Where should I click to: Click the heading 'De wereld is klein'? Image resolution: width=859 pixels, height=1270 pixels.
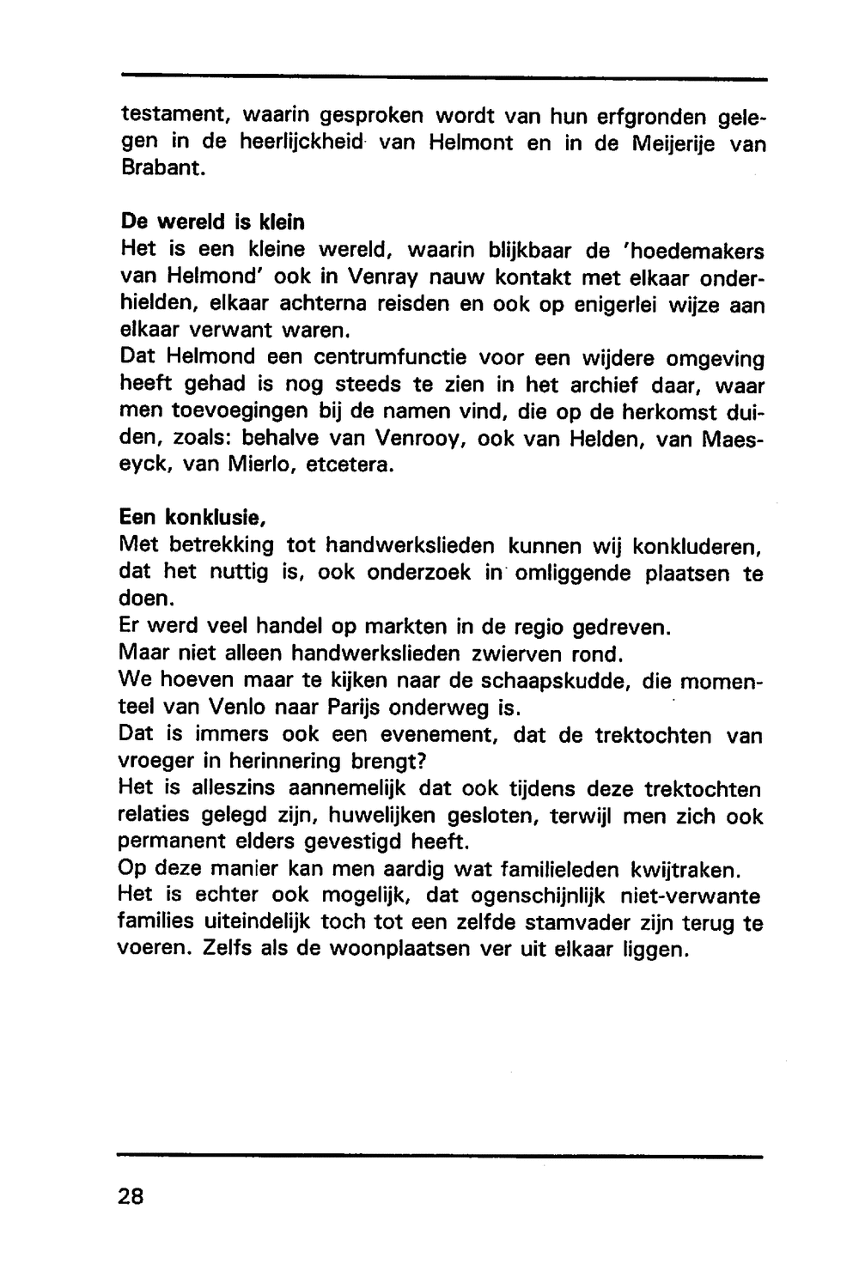coord(212,223)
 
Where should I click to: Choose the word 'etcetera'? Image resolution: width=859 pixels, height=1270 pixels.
coord(354,465)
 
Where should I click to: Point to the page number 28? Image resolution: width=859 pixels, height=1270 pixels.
coord(131,1197)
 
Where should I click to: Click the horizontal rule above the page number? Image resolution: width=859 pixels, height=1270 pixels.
coord(441,1157)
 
